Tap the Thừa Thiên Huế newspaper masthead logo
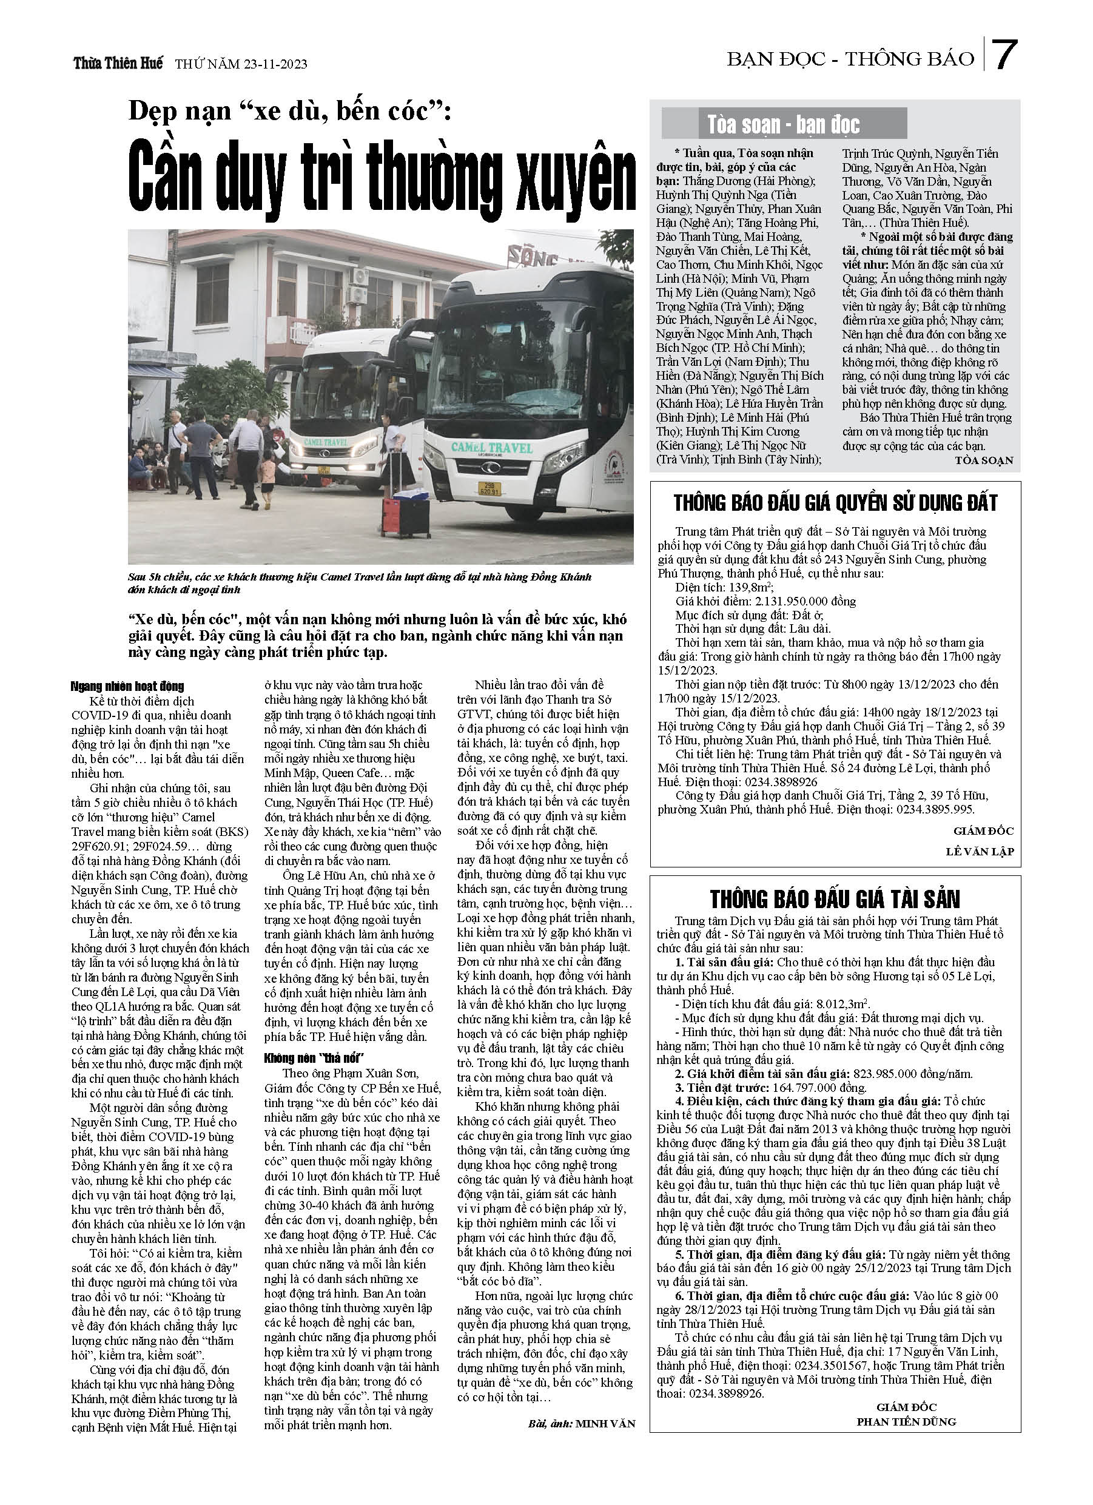[x=118, y=64]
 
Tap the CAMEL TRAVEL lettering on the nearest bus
[x=492, y=448]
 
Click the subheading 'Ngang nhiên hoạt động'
[x=127, y=685]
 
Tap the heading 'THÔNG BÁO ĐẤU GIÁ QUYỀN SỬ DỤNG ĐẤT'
[x=835, y=503]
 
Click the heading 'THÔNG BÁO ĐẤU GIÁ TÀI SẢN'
[x=835, y=898]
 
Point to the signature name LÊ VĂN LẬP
[x=980, y=851]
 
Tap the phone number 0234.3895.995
[x=936, y=810]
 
